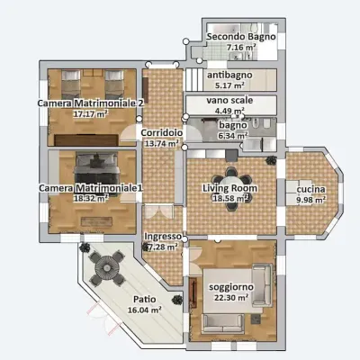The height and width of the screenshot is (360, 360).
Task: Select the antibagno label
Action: [229, 75]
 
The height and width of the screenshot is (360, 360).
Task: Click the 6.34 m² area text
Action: [231, 136]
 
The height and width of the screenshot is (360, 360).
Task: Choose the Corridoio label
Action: [162, 132]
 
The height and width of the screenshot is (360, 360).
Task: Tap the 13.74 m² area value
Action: [162, 143]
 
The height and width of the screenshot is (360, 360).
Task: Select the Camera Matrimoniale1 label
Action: [90, 186]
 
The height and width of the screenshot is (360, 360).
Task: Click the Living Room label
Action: [229, 187]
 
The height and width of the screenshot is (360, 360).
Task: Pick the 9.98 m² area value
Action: [310, 200]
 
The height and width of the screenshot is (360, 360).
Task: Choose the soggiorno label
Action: [230, 286]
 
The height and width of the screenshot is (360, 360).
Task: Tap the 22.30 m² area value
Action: [230, 298]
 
